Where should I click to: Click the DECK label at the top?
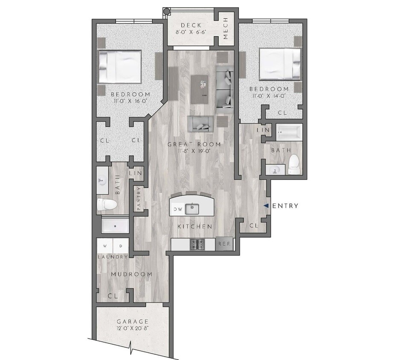click(191, 25)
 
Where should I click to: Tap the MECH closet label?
click(226, 29)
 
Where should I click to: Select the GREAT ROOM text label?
click(194, 144)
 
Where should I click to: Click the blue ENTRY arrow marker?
click(266, 206)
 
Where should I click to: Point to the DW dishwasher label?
click(178, 209)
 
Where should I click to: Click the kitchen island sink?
click(193, 209)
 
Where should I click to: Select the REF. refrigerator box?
click(224, 244)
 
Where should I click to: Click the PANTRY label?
click(139, 199)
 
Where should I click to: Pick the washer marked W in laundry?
click(105, 246)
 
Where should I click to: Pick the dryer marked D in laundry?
click(121, 246)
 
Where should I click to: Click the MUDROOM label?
click(131, 274)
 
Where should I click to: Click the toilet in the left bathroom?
click(107, 205)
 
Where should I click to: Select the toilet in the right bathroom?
click(293, 164)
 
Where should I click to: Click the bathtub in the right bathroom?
click(289, 132)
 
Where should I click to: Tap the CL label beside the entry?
click(254, 226)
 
